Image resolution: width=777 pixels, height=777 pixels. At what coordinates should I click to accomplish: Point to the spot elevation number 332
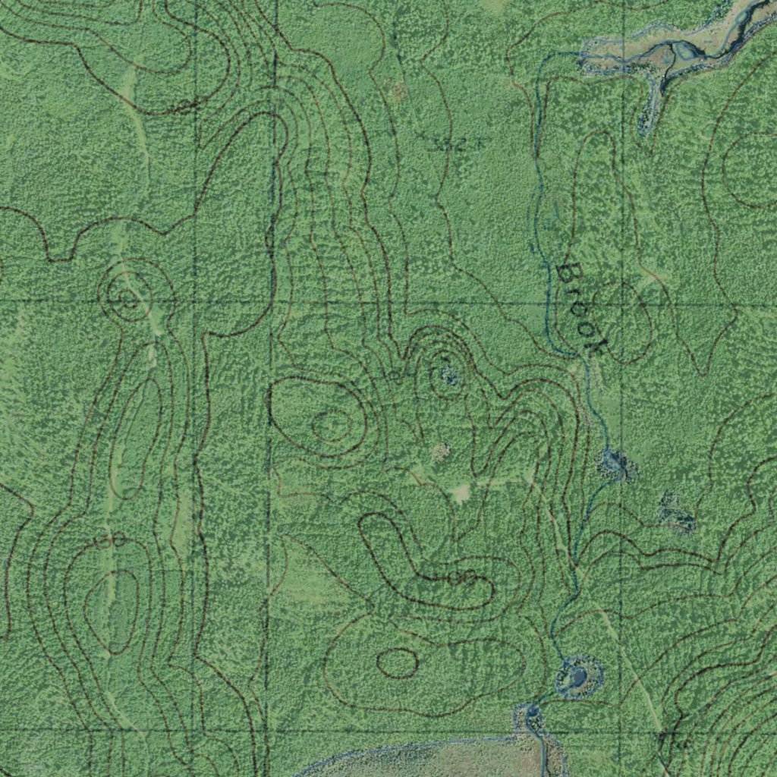(455, 144)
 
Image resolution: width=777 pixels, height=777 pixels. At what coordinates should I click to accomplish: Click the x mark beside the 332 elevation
(421, 136)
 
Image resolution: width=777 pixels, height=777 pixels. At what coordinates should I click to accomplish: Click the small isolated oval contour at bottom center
(397, 663)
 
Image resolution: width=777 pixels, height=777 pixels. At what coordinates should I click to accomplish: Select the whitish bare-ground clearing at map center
(461, 493)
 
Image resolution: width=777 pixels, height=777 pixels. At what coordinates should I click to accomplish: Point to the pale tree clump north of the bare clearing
(440, 454)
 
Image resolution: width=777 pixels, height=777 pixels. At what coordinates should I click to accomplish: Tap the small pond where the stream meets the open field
(529, 714)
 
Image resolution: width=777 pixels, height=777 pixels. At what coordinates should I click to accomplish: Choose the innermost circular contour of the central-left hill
(332, 425)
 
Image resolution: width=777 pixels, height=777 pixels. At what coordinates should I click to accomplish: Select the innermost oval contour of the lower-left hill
(112, 611)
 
